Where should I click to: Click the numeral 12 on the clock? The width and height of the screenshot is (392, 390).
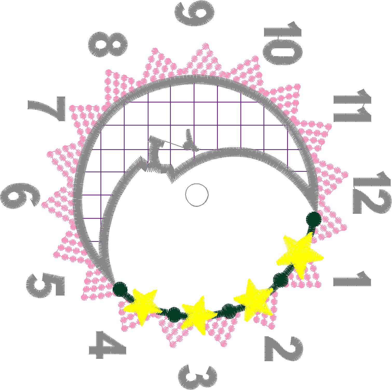pos(372,193)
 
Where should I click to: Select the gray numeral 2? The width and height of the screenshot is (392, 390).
pos(283,348)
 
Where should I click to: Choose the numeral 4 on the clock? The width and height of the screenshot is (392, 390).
pos(107,345)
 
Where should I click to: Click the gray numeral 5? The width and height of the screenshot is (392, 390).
pos(45,285)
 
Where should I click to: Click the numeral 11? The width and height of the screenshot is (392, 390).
pos(353,106)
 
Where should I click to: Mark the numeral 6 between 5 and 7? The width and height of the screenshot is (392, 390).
pos(20,196)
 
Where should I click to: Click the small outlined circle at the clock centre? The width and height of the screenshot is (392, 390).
pos(197,195)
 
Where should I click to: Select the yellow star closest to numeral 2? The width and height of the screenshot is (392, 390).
pos(253,299)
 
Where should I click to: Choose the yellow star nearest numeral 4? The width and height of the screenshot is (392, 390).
pos(143,306)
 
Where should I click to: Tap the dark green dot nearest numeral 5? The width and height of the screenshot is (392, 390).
pos(120,289)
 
